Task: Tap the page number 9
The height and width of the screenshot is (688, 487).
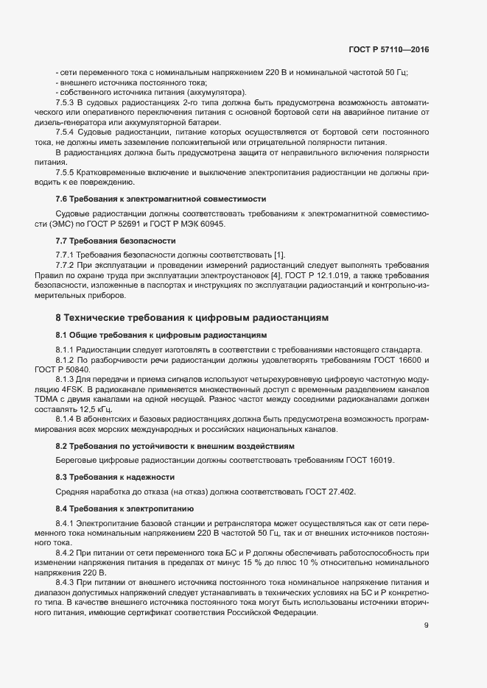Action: coord(426,625)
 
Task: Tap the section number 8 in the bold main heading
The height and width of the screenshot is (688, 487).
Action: coord(58,318)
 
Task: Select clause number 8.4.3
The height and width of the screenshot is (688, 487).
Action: coord(67,582)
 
